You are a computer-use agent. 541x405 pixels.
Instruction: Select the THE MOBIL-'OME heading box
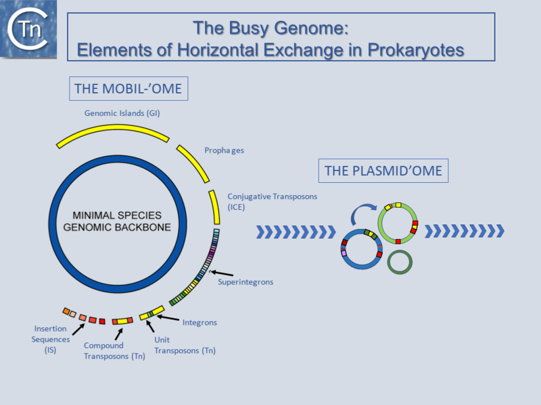tap(128, 88)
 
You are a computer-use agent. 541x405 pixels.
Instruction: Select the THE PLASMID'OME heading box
tap(383, 171)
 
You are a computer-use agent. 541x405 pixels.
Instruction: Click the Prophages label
tap(224, 150)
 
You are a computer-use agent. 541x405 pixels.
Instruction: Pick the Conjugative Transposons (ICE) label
tap(272, 201)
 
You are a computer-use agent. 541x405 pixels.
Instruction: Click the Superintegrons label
tap(245, 281)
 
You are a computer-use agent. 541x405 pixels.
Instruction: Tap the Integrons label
tap(199, 322)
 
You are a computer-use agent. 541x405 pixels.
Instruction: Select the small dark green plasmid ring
tap(399, 261)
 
